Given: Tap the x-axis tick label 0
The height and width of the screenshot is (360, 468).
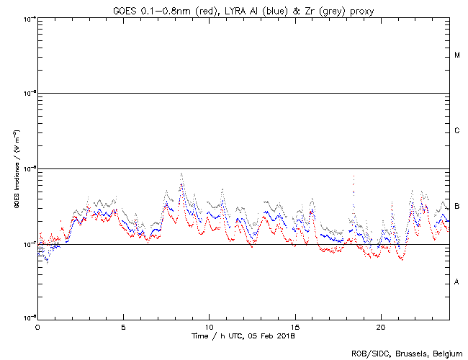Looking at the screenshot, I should click(37, 327).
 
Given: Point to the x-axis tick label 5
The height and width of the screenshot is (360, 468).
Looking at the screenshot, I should click(123, 327).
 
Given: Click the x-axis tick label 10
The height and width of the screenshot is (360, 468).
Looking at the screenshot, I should click(209, 327).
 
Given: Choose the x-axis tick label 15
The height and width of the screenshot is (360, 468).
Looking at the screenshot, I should click(294, 327).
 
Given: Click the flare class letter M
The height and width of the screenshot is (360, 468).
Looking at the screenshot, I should click(457, 55).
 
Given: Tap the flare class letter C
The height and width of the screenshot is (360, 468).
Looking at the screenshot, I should click(457, 131).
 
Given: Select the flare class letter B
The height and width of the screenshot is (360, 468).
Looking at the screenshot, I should click(457, 207).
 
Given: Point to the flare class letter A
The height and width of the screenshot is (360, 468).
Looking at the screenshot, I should click(457, 282).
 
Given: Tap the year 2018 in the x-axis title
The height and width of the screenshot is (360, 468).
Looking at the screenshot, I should click(285, 336).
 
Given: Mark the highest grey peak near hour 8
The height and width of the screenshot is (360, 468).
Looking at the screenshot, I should click(181, 173).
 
